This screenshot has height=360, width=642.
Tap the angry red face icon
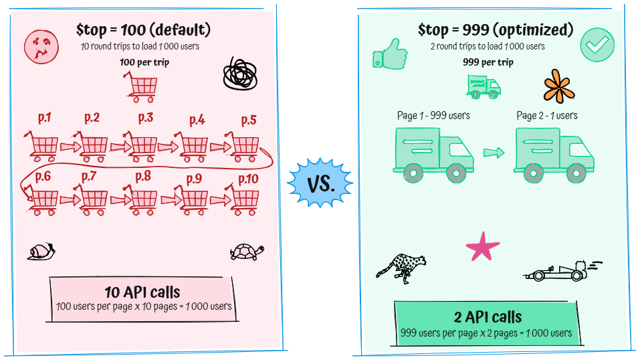37,47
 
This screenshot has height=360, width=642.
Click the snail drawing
41,252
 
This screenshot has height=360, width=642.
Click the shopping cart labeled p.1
43,147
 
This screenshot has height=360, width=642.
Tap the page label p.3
145,118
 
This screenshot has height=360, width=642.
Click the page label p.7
89,176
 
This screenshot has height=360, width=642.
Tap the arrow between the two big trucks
494,153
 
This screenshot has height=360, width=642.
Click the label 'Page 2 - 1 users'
546,115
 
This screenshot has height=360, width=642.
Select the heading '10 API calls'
142,292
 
